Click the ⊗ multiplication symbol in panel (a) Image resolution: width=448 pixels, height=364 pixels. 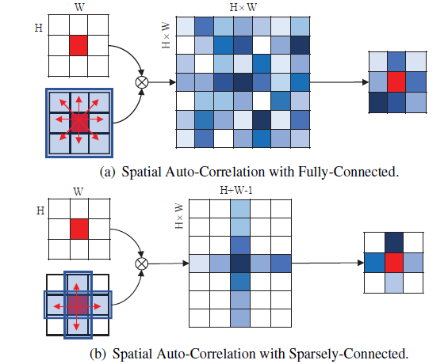point(143,81)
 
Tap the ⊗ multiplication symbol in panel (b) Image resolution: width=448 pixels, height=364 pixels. point(143,263)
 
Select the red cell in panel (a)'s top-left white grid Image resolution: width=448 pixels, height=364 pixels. point(79,46)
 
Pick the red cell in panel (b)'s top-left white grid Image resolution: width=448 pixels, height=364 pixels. point(79,229)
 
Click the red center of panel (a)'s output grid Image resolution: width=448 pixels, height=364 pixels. point(396,82)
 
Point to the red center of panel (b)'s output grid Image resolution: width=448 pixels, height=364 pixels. point(393,261)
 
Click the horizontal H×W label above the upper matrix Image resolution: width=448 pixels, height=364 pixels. point(241,8)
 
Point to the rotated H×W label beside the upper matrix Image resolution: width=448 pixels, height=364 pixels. point(165,32)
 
